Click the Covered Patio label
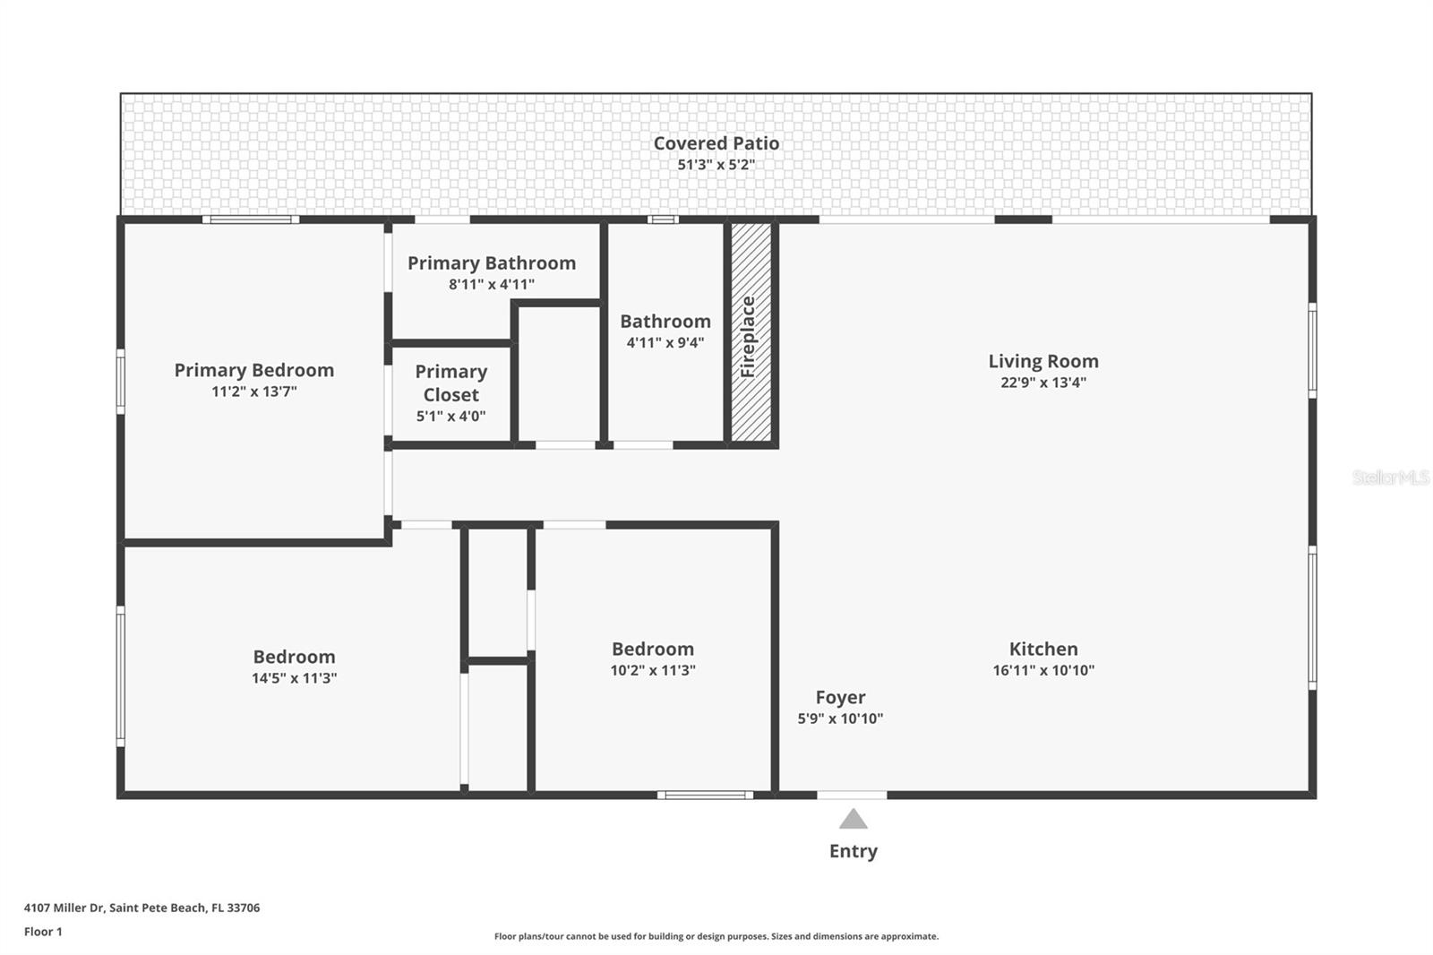click(716, 143)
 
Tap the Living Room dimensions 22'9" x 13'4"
click(1043, 383)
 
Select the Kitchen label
click(1043, 649)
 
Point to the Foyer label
click(840, 697)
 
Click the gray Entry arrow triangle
click(853, 820)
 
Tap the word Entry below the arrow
click(853, 851)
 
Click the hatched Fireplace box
click(751, 332)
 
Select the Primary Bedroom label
click(253, 370)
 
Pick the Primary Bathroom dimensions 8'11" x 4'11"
click(491, 285)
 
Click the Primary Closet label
click(450, 383)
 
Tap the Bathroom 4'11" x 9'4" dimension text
click(665, 342)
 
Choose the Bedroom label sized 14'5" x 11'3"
click(294, 657)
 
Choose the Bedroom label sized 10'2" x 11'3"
click(652, 649)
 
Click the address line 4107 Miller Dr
click(142, 908)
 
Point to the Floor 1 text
click(43, 932)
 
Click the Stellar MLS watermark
click(1390, 477)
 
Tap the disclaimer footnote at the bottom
click(716, 936)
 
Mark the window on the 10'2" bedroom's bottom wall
click(706, 795)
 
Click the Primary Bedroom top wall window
click(250, 219)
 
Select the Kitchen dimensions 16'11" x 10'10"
click(1043, 670)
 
